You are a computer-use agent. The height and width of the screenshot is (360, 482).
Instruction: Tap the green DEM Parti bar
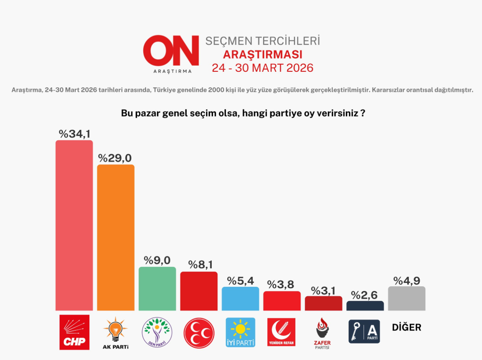[157, 289]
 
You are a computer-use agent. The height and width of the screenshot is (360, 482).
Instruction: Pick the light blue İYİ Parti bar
[241, 299]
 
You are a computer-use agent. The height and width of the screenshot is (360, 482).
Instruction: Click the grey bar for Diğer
[406, 299]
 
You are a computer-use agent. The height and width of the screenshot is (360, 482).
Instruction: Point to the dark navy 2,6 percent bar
[365, 306]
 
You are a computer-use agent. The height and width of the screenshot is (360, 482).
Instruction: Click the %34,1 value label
[75, 134]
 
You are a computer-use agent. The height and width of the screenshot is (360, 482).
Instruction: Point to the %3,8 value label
[282, 284]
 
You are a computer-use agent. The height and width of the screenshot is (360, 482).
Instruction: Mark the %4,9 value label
[406, 280]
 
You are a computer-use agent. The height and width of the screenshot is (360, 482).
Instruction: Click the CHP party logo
[74, 332]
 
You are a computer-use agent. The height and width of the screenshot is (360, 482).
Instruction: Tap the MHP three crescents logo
[199, 332]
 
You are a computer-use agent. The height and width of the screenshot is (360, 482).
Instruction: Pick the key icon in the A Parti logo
[356, 332]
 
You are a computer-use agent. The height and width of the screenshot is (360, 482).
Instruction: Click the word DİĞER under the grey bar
[406, 327]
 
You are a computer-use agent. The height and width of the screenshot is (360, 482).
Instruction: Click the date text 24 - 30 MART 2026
[262, 68]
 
